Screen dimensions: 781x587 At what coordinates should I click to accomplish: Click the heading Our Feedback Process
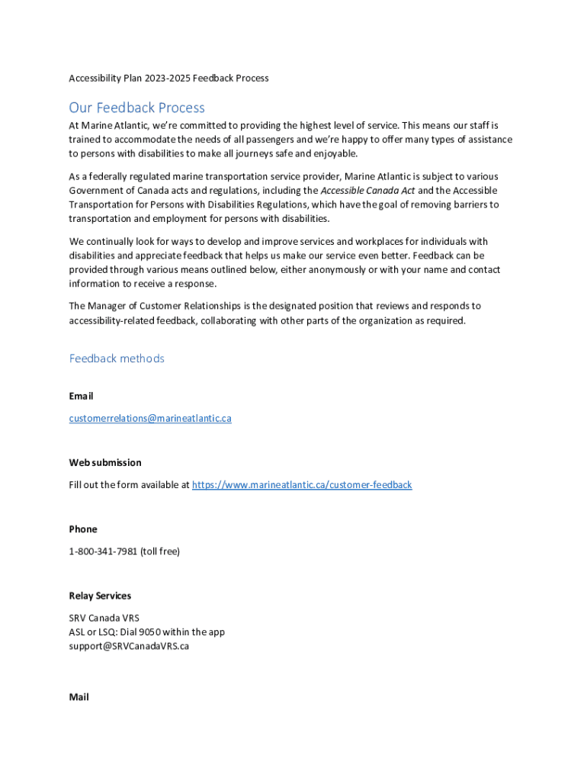(x=136, y=108)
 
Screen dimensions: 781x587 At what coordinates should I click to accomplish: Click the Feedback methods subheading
(x=117, y=358)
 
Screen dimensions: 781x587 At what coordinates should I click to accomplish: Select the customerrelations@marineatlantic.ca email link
(x=150, y=418)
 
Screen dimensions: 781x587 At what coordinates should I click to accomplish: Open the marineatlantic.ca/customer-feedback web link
(x=302, y=484)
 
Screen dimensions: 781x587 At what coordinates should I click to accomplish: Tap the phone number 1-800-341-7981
(x=103, y=551)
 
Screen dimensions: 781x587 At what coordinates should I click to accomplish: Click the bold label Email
(x=81, y=396)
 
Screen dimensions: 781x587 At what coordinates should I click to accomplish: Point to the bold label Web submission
(x=105, y=462)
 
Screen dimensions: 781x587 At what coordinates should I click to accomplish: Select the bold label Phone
(x=83, y=529)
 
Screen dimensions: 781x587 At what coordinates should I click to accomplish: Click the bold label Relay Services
(x=100, y=596)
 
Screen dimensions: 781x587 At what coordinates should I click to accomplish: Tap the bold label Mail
(x=79, y=697)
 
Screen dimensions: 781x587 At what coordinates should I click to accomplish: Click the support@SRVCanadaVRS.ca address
(x=129, y=646)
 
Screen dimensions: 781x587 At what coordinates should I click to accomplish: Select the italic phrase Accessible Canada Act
(x=367, y=190)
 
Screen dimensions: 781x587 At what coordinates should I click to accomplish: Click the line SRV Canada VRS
(x=104, y=618)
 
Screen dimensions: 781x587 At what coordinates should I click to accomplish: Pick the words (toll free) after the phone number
(x=160, y=551)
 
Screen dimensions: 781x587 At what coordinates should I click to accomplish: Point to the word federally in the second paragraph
(x=104, y=176)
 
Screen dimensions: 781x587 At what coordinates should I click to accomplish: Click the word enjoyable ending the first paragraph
(x=334, y=154)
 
